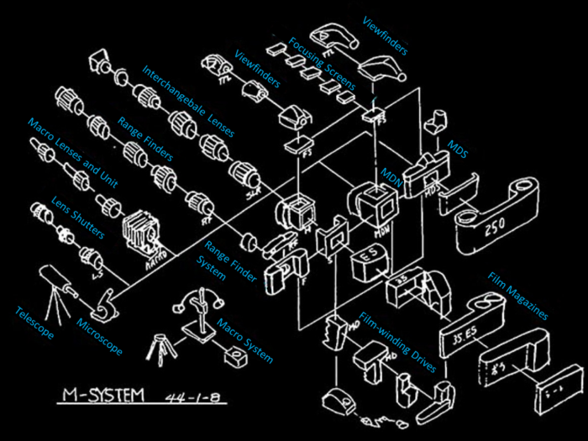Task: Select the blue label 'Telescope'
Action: coord(34,323)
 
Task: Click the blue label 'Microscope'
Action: coord(100,336)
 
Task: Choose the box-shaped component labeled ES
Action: coord(367,264)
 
